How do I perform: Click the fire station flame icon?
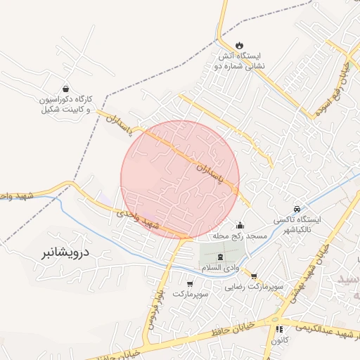[238, 45]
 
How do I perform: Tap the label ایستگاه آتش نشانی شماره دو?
[238, 61]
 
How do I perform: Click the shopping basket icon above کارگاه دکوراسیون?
[65, 89]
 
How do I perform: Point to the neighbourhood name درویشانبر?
[63, 250]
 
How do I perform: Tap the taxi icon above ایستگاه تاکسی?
[297, 209]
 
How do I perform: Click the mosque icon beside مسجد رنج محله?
[240, 226]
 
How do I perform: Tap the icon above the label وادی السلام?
[221, 257]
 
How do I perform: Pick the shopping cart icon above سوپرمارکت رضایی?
[254, 276]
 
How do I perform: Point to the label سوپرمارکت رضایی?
[254, 288]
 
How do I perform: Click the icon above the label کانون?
[279, 328]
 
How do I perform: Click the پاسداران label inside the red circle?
[209, 175]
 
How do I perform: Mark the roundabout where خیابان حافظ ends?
[273, 321]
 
